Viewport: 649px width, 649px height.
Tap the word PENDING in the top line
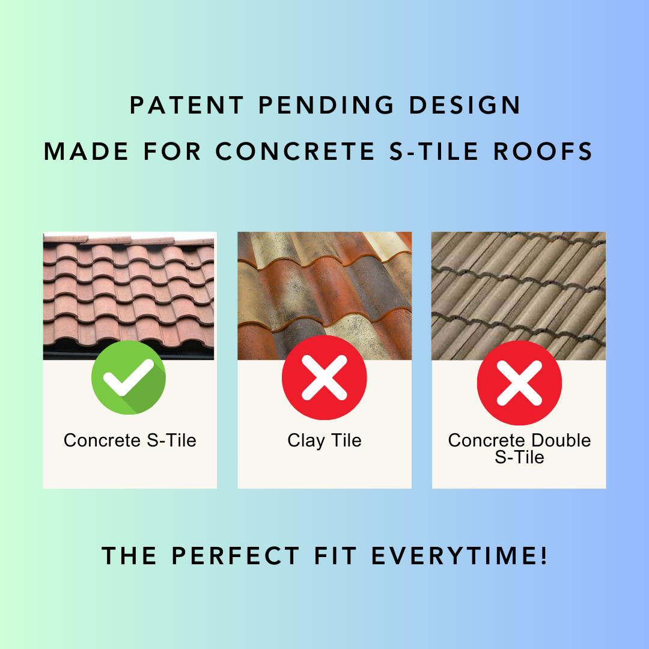pyautogui.click(x=326, y=105)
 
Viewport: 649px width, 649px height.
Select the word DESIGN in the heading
pyautogui.click(x=465, y=105)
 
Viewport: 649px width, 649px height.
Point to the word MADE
pyautogui.click(x=86, y=151)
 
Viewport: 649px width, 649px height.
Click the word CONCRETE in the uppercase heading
pyautogui.click(x=295, y=151)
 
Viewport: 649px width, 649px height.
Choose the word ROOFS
pyautogui.click(x=543, y=151)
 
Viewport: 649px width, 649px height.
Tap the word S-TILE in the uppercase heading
pyautogui.click(x=434, y=151)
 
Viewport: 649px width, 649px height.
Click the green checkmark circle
pyautogui.click(x=129, y=377)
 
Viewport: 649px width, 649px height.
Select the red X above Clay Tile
pyautogui.click(x=324, y=377)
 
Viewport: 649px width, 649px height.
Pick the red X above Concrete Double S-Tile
pyautogui.click(x=519, y=383)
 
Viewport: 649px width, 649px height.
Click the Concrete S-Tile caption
pyautogui.click(x=130, y=440)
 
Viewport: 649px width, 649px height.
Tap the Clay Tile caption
pyautogui.click(x=324, y=441)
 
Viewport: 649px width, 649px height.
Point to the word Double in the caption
pyautogui.click(x=561, y=440)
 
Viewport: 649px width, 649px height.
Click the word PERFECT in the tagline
pyautogui.click(x=236, y=555)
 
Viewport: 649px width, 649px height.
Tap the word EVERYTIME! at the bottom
pyautogui.click(x=460, y=555)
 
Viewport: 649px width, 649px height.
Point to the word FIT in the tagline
pyautogui.click(x=335, y=555)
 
